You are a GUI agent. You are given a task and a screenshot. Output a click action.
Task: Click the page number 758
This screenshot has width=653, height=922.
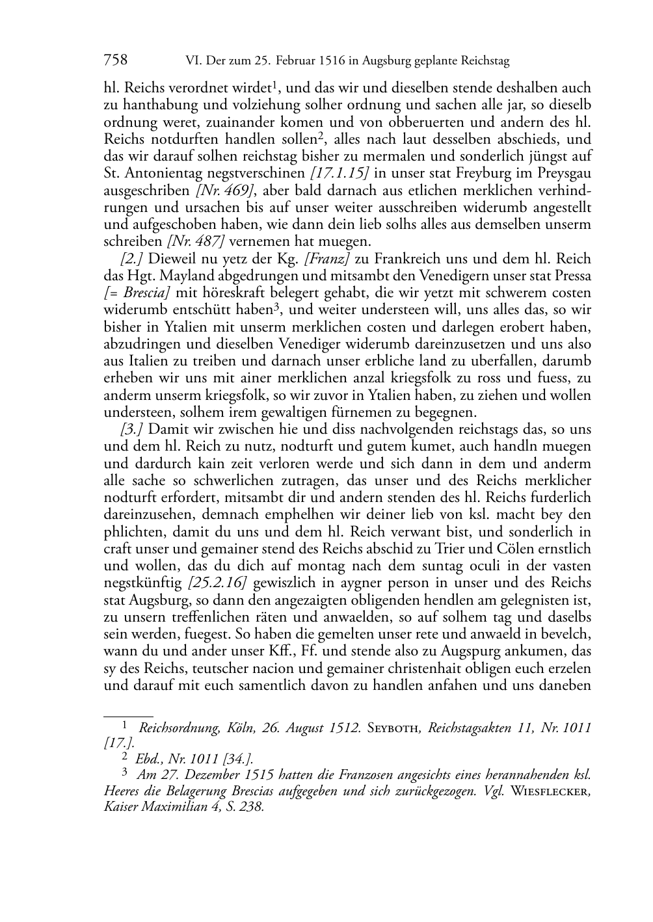point(115,60)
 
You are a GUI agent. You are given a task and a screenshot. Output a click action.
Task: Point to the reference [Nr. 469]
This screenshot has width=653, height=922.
point(225,191)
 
